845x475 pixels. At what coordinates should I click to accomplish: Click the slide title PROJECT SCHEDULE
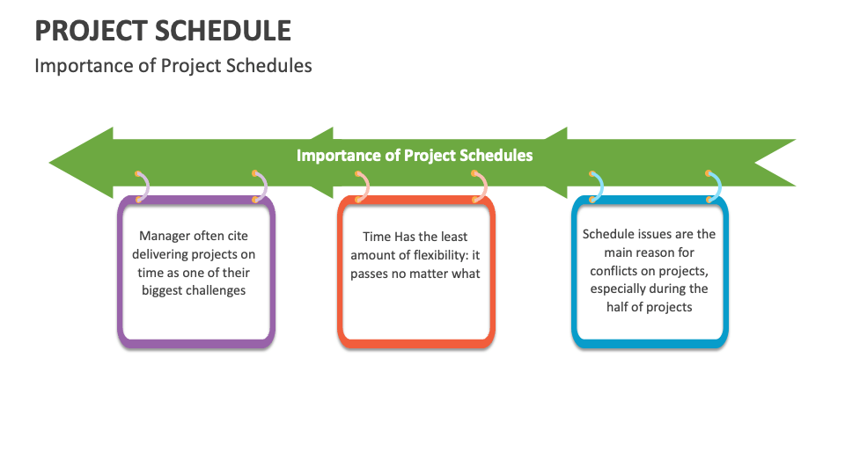[x=163, y=31]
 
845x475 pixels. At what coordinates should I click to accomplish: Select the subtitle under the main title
[x=173, y=66]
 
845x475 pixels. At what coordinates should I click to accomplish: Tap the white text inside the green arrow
[x=415, y=156]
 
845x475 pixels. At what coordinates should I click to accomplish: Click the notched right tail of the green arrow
[x=775, y=163]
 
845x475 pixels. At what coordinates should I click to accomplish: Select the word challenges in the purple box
[x=216, y=290]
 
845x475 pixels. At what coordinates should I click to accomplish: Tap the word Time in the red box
[x=377, y=237]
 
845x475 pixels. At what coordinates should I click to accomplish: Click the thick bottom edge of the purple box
[x=196, y=342]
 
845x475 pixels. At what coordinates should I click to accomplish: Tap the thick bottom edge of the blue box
[x=650, y=342]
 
